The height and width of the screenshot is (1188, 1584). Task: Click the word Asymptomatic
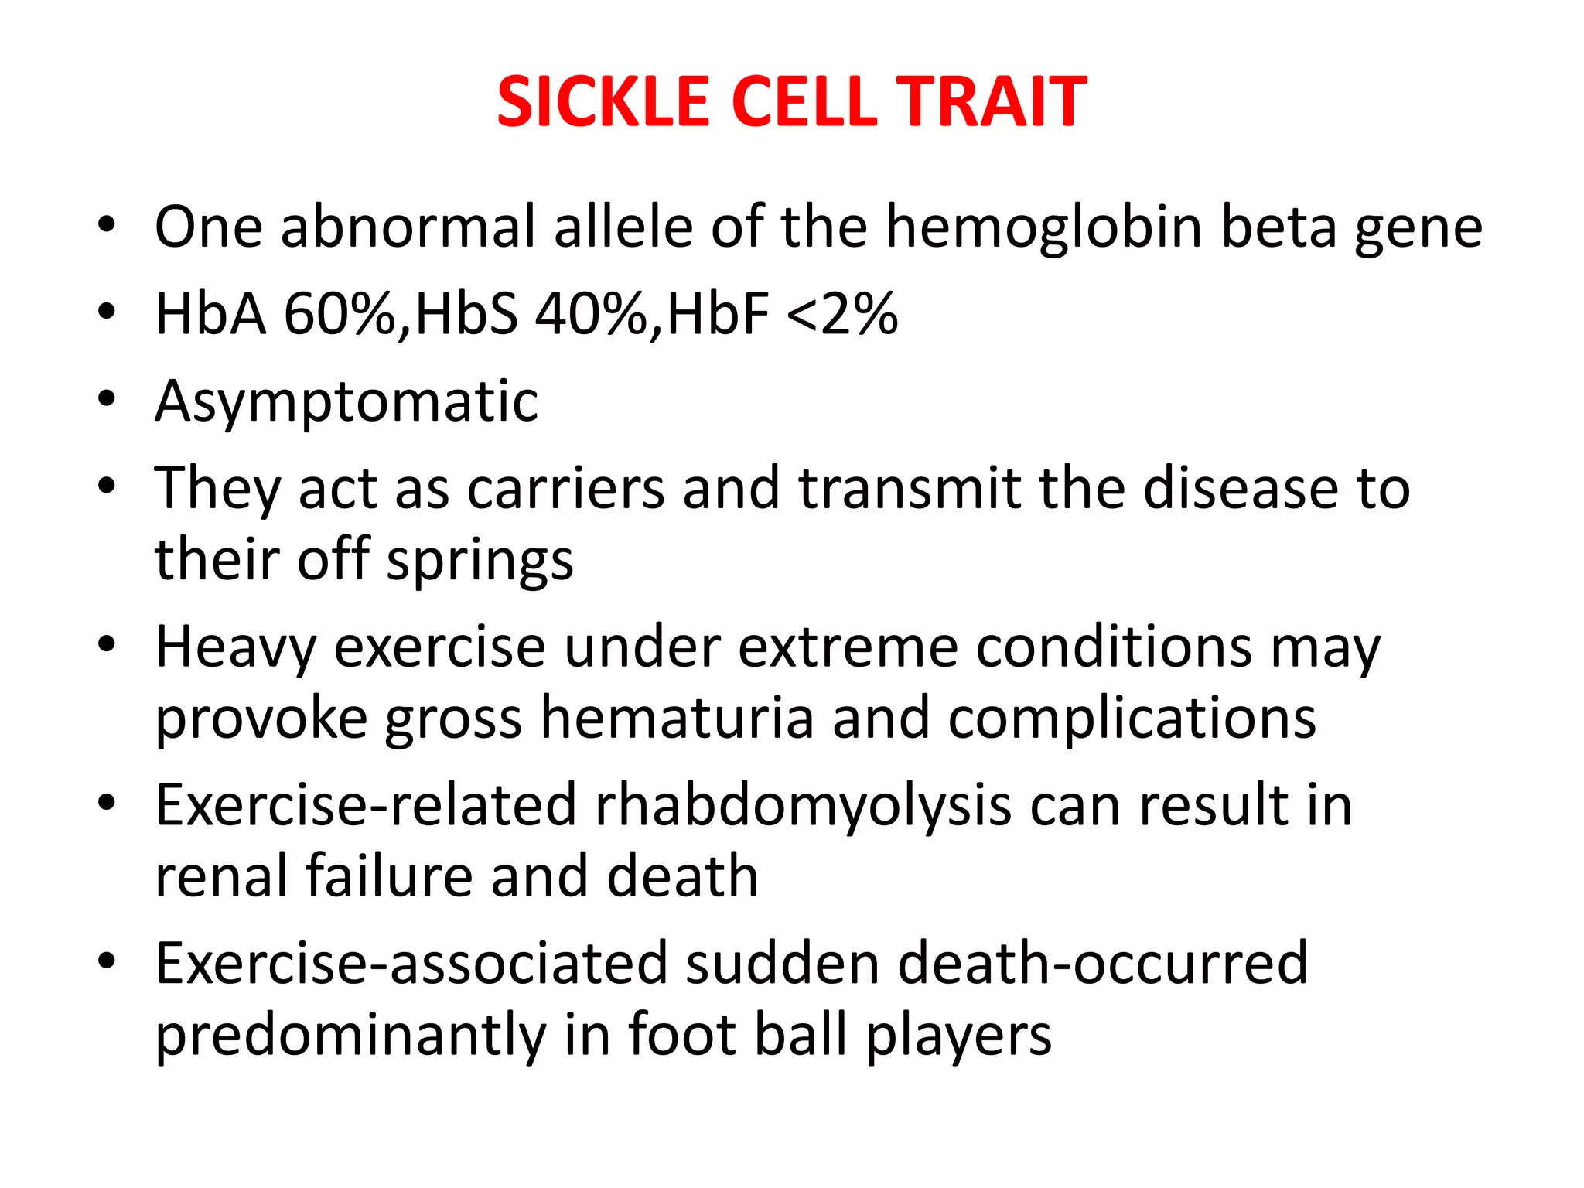pyautogui.click(x=346, y=403)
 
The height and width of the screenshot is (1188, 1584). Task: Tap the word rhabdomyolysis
pyautogui.click(x=803, y=807)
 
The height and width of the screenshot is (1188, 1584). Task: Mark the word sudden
pyautogui.click(x=782, y=964)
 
